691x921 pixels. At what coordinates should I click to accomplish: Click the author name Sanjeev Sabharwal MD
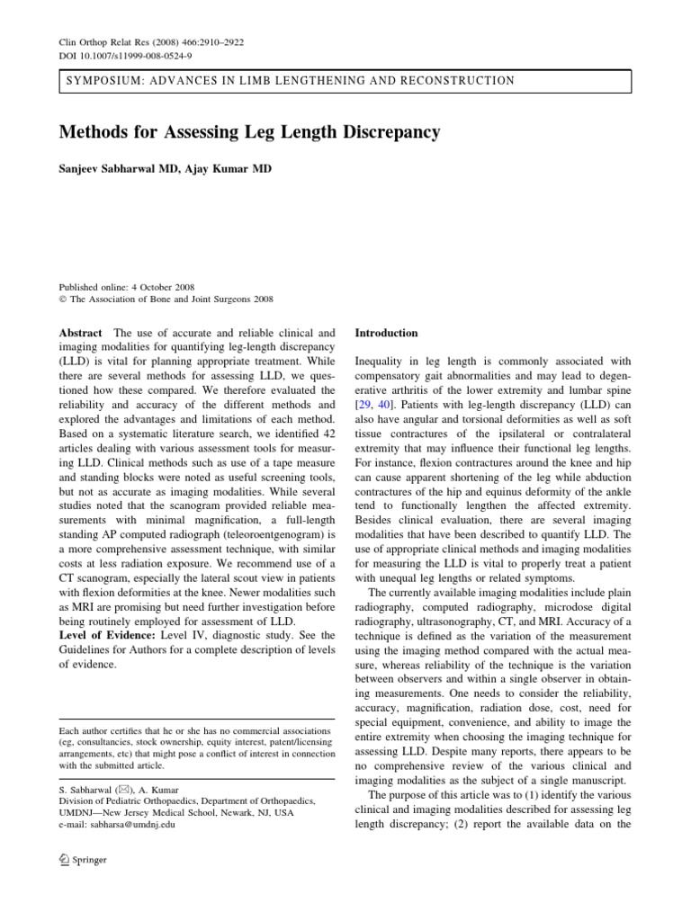(x=121, y=170)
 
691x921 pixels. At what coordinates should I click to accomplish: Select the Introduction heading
(x=386, y=333)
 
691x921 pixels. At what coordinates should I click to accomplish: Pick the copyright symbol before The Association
(x=61, y=300)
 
